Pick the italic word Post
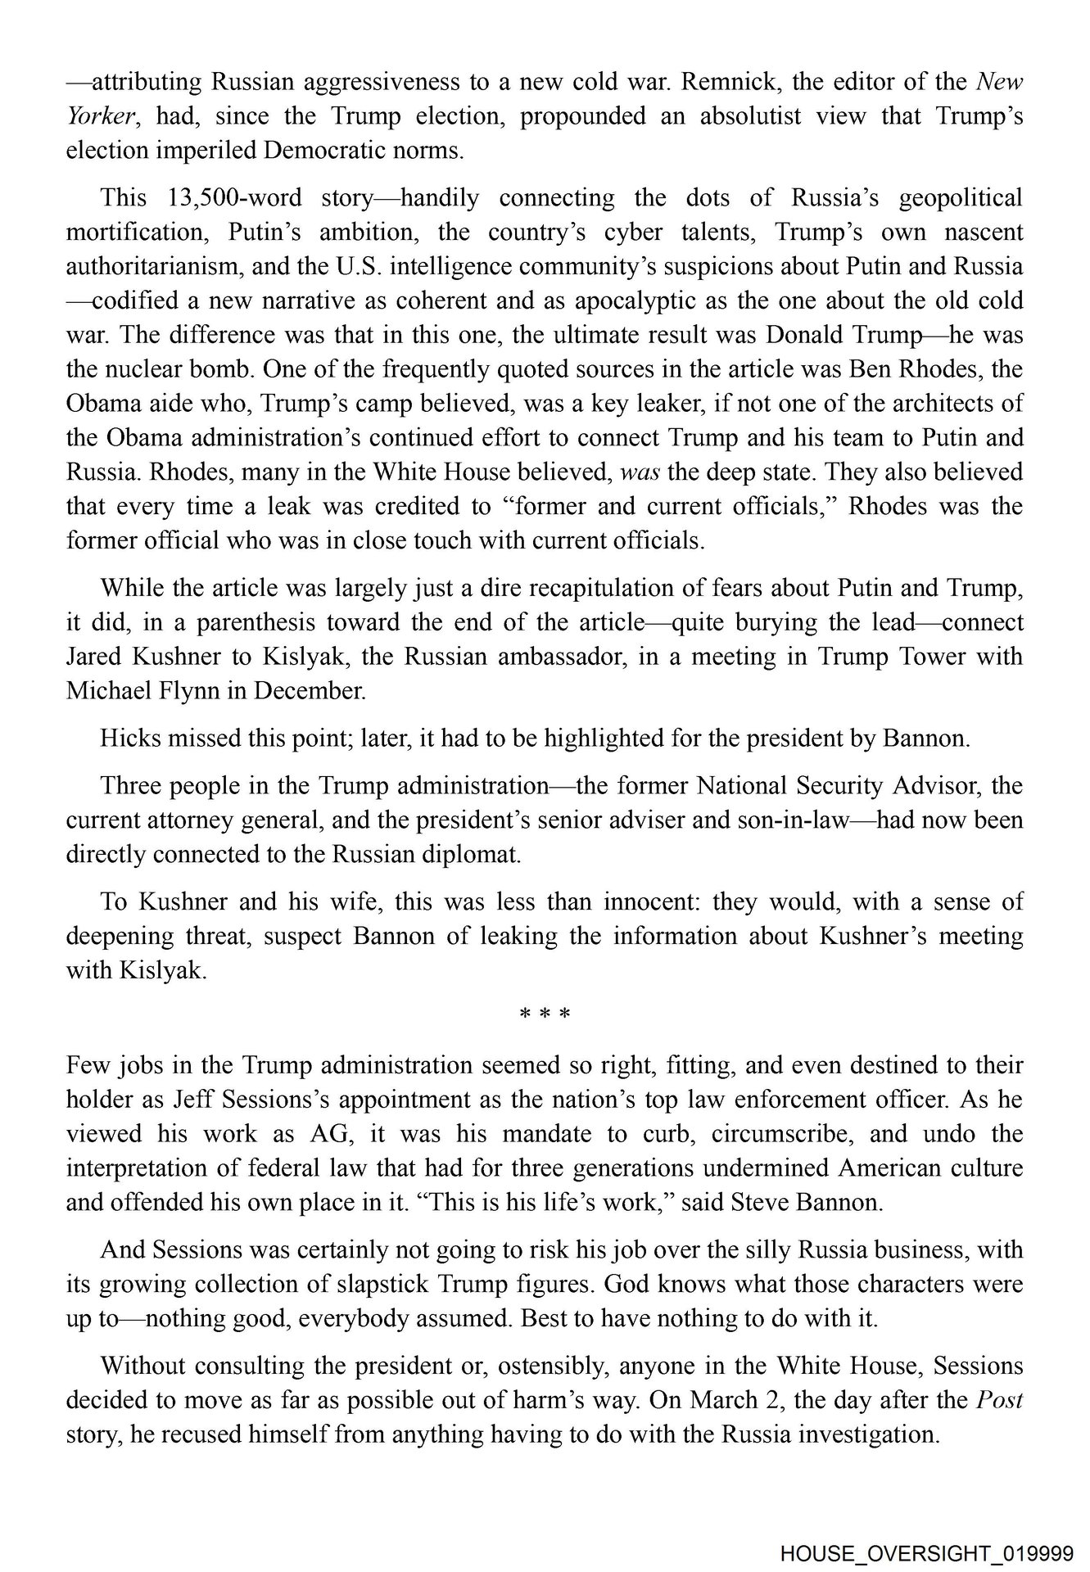(x=1000, y=1400)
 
